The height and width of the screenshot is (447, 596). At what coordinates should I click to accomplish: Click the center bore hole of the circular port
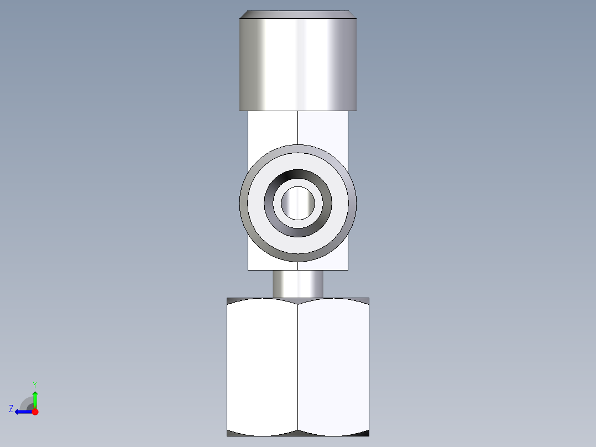297,202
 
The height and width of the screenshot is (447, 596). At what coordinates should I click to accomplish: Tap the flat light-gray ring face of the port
297,157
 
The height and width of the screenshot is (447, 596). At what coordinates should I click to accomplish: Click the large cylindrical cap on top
297,64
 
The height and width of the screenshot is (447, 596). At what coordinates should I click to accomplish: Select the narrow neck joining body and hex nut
297,283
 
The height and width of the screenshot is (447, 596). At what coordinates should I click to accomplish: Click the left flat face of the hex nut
263,365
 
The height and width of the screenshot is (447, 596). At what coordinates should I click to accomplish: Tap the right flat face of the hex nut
333,365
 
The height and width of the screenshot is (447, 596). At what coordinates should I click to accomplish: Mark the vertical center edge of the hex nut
298,365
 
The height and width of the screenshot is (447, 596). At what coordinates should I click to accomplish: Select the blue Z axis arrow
21,412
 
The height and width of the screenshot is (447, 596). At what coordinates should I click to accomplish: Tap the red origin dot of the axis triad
35,412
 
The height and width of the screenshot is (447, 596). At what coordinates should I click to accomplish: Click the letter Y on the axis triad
34,384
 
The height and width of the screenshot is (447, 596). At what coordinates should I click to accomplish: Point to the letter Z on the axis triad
11,409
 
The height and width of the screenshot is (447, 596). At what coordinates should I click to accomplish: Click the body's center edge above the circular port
298,127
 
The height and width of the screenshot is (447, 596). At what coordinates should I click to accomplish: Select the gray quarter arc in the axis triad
26,402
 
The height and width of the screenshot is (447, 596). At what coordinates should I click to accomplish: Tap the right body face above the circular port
323,127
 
